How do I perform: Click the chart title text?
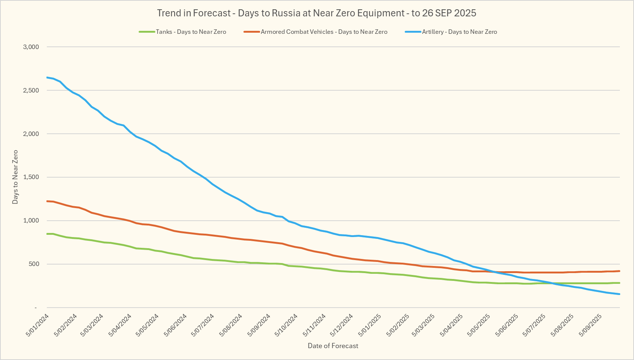[317, 13]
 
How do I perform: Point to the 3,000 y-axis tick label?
[31, 47]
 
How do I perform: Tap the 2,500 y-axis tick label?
[31, 90]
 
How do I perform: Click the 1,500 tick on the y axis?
[31, 177]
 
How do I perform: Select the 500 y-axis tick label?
[33, 264]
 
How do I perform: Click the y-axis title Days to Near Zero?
[15, 177]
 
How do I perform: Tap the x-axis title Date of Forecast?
[333, 346]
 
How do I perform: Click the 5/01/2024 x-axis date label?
[38, 325]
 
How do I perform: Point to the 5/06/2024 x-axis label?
[175, 325]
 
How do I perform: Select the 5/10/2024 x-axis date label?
[286, 325]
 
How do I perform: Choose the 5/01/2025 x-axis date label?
[370, 325]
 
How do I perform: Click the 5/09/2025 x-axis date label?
[591, 325]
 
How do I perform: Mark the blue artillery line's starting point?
[47, 77]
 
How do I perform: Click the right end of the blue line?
[619, 294]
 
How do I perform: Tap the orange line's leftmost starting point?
[47, 201]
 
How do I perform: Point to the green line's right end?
[619, 283]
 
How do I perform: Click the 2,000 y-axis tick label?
[31, 134]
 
